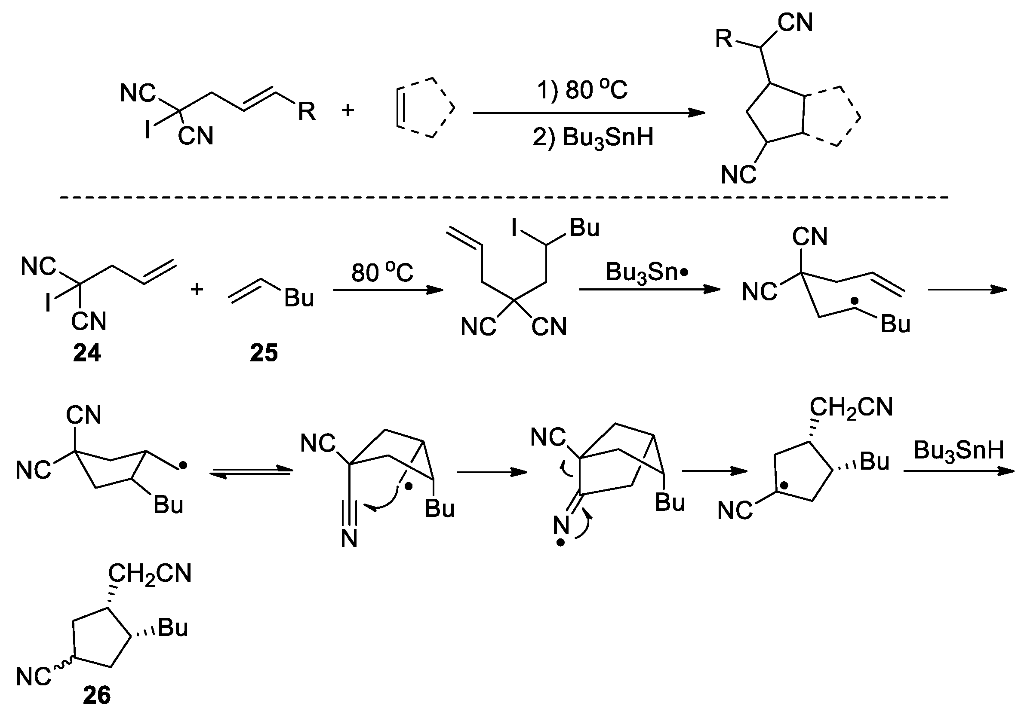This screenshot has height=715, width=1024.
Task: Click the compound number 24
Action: tap(87, 353)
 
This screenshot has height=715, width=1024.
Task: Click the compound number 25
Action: tap(264, 353)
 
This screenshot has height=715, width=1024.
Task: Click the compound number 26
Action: tap(96, 695)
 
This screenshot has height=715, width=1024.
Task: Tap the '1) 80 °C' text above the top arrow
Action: tap(582, 89)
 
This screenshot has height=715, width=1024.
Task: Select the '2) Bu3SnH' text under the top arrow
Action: tap(593, 137)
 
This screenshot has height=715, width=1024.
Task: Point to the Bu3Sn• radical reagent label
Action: tap(647, 272)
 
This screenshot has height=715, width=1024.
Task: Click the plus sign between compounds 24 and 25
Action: tap(197, 290)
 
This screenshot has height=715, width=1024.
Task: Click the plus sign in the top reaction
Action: tap(347, 110)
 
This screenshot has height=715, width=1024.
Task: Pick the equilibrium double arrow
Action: tap(251, 472)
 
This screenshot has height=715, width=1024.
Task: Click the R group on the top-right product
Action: tap(724, 39)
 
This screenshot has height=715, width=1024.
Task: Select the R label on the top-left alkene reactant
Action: tap(307, 111)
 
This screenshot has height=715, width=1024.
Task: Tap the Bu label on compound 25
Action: tap(299, 298)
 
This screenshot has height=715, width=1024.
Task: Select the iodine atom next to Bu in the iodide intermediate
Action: tap(515, 228)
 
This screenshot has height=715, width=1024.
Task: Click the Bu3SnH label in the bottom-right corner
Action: tap(958, 450)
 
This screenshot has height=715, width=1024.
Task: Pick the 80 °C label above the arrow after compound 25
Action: tap(382, 272)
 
